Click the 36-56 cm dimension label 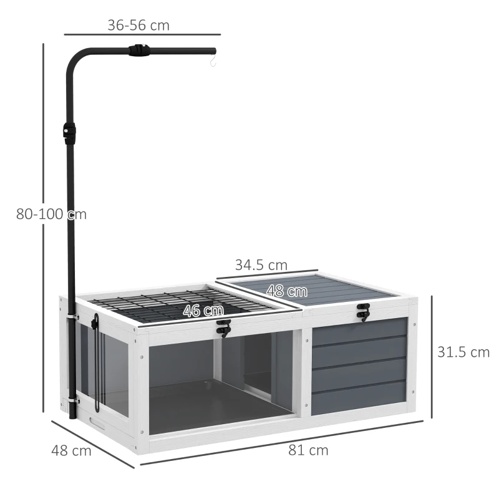[x=138, y=25]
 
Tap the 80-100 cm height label [x=51, y=214]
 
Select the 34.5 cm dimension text [x=261, y=264]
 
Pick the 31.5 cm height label [x=463, y=352]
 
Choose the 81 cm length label [x=308, y=450]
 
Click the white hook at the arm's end [x=212, y=61]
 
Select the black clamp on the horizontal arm [x=138, y=51]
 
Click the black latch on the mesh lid [x=223, y=327]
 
